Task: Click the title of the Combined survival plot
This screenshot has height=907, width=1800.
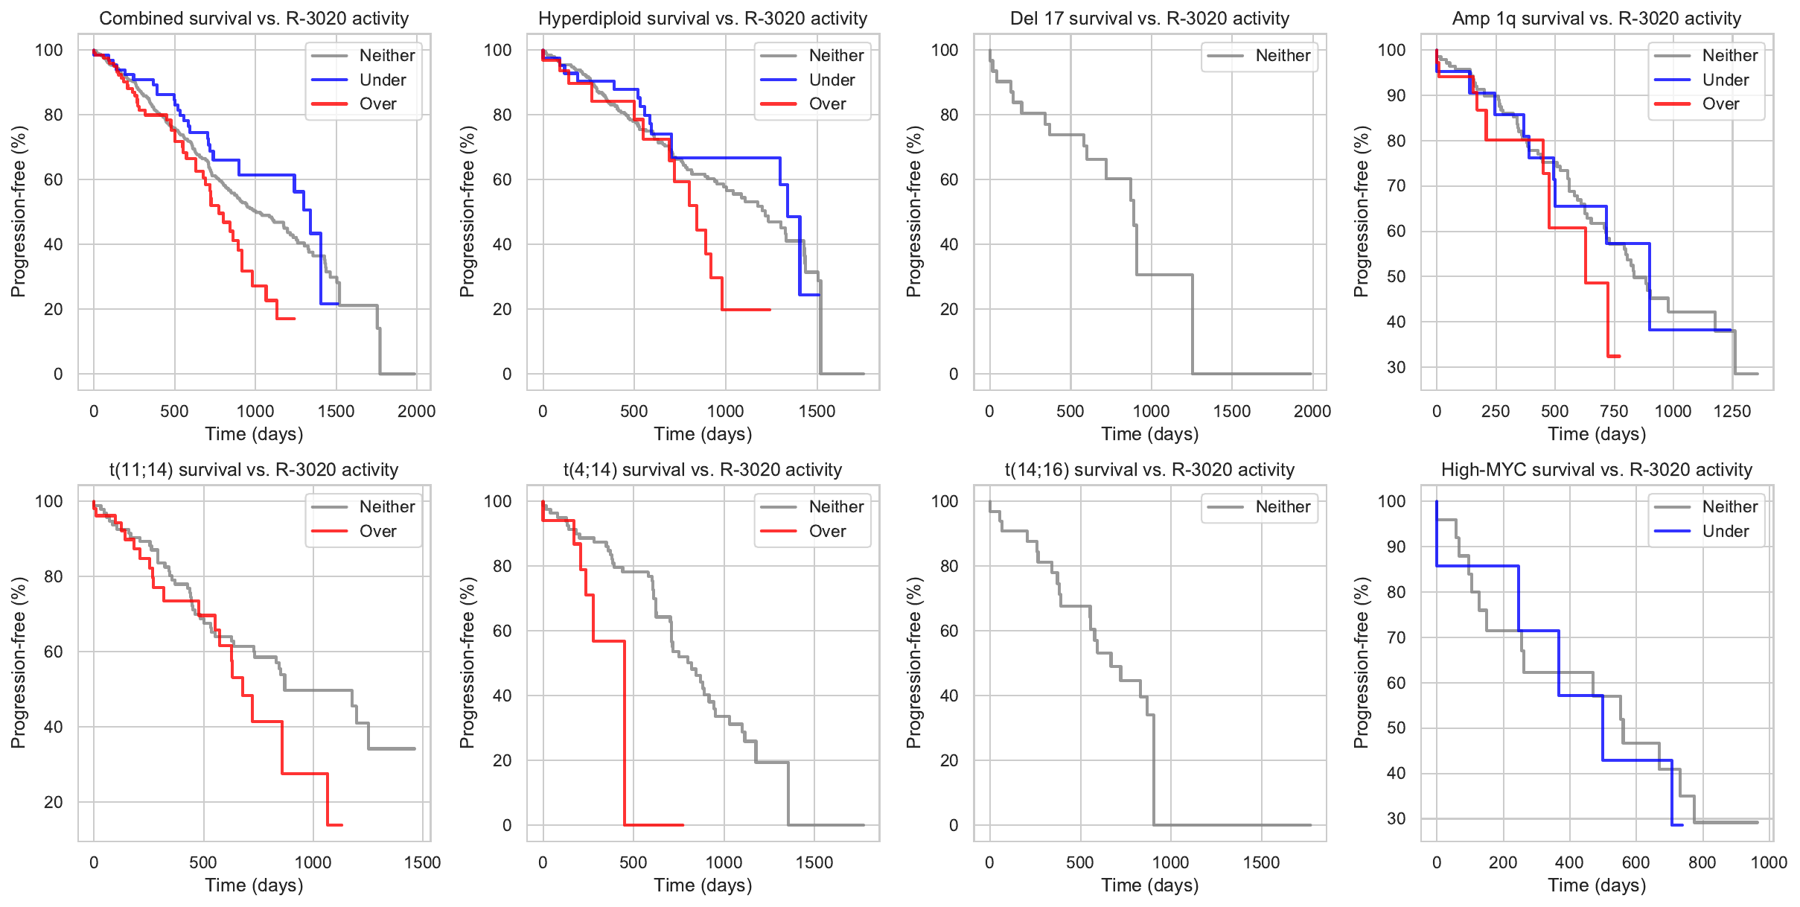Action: [x=254, y=19]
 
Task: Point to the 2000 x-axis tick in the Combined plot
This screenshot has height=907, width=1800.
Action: [x=416, y=411]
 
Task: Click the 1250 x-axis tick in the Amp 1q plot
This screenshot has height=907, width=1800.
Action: [x=1732, y=411]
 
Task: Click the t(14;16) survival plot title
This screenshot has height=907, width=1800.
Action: [x=1149, y=470]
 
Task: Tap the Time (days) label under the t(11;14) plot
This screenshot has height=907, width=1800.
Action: [x=254, y=885]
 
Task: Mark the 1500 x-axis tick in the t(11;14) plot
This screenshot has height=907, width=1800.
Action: [x=422, y=862]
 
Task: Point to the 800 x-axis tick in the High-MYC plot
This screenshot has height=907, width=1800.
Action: [x=1702, y=862]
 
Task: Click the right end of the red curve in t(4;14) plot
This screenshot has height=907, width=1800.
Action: [x=683, y=825]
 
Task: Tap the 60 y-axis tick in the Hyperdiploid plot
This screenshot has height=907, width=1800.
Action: [x=502, y=179]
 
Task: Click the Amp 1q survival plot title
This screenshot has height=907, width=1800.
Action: [x=1596, y=19]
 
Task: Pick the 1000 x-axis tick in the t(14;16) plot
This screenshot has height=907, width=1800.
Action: [x=1170, y=862]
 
